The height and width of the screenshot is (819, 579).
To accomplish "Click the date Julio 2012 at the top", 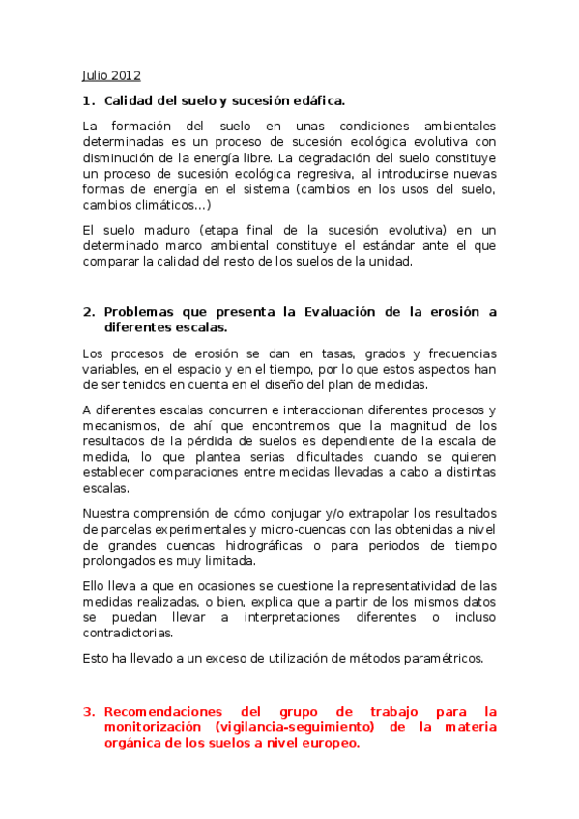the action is (111, 74).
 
